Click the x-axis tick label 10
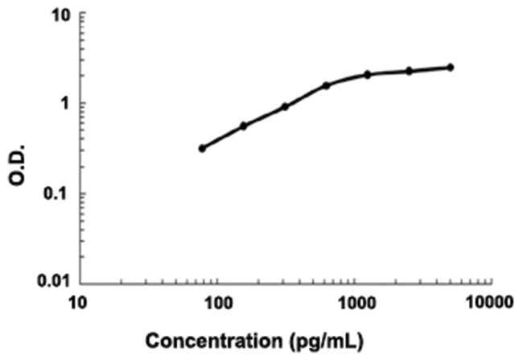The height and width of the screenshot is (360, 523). pyautogui.click(x=78, y=304)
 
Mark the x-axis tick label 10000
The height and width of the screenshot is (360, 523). pyautogui.click(x=489, y=304)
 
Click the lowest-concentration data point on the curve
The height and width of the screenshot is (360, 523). pyautogui.click(x=202, y=148)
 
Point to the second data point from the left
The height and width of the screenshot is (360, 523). pyautogui.click(x=243, y=126)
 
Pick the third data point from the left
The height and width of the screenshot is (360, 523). pyautogui.click(x=285, y=106)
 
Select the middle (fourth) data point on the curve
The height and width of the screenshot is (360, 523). pyautogui.click(x=326, y=85)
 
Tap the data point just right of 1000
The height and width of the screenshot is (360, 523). pyautogui.click(x=368, y=74)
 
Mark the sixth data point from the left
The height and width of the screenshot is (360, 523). pyautogui.click(x=409, y=71)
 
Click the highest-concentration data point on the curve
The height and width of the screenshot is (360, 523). pyautogui.click(x=451, y=67)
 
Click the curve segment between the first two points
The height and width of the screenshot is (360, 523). pyautogui.click(x=223, y=137)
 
